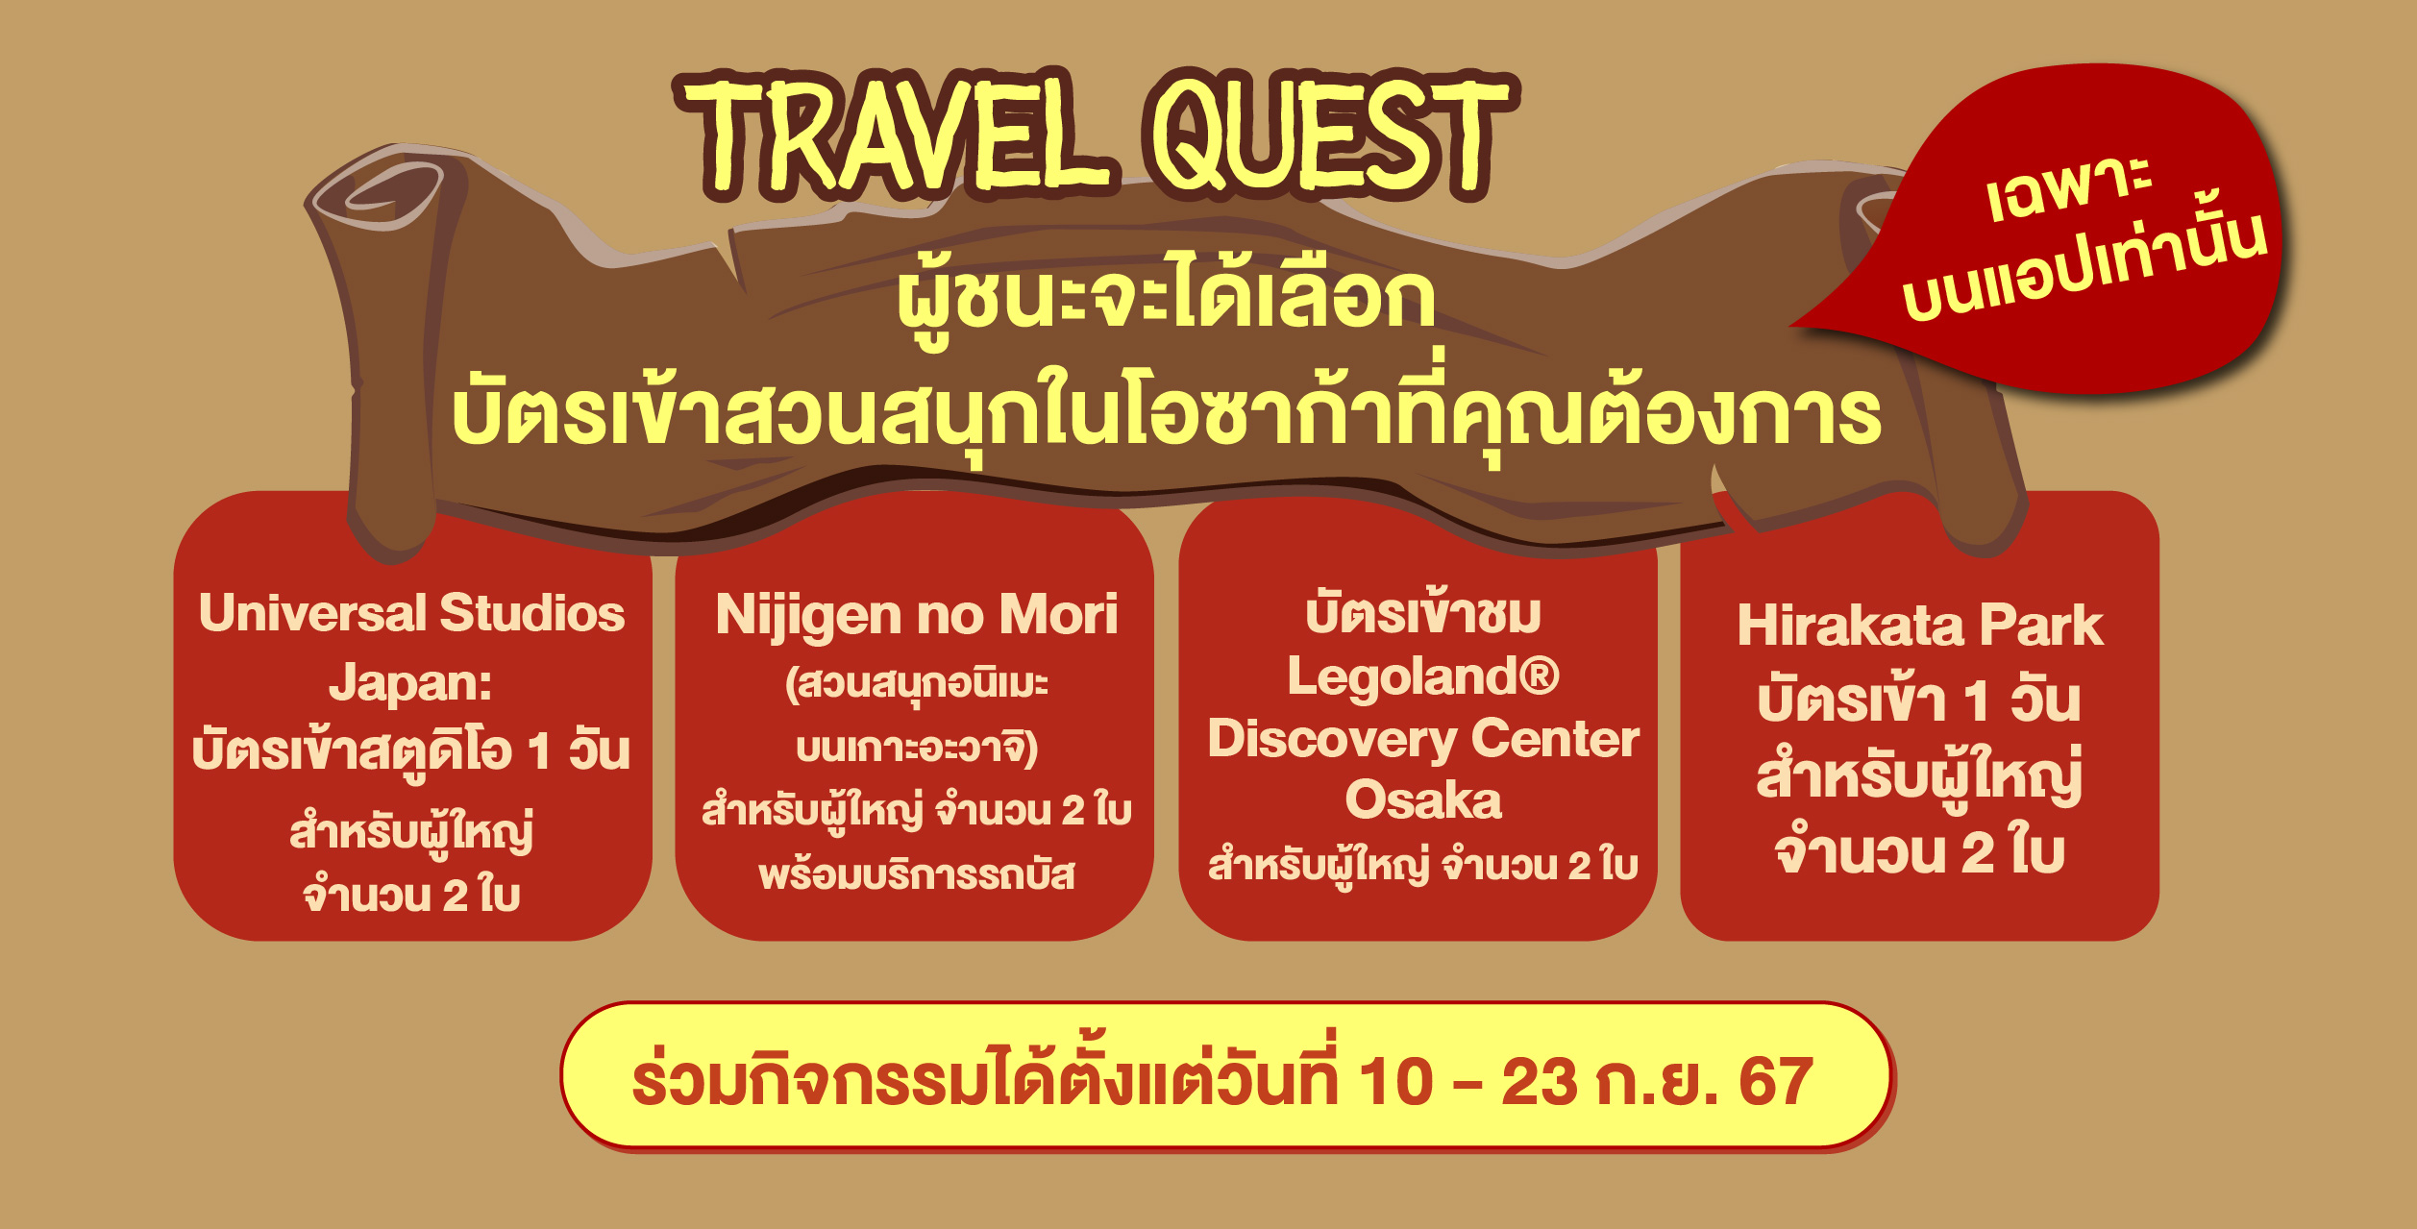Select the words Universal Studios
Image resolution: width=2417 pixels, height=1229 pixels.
411,613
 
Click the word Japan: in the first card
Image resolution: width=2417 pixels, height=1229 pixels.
411,683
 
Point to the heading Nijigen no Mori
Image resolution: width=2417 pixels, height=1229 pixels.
917,615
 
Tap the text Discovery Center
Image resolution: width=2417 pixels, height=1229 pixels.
1423,739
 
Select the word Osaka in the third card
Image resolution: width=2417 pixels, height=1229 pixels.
1423,800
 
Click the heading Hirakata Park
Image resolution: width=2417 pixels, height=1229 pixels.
1920,627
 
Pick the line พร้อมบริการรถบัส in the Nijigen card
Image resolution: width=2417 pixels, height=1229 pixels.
917,875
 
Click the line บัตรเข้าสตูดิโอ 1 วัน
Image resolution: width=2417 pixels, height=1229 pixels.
411,751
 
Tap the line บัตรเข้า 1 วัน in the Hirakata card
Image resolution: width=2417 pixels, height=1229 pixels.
1919,700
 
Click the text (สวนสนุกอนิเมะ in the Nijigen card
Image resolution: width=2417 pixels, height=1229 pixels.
917,684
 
